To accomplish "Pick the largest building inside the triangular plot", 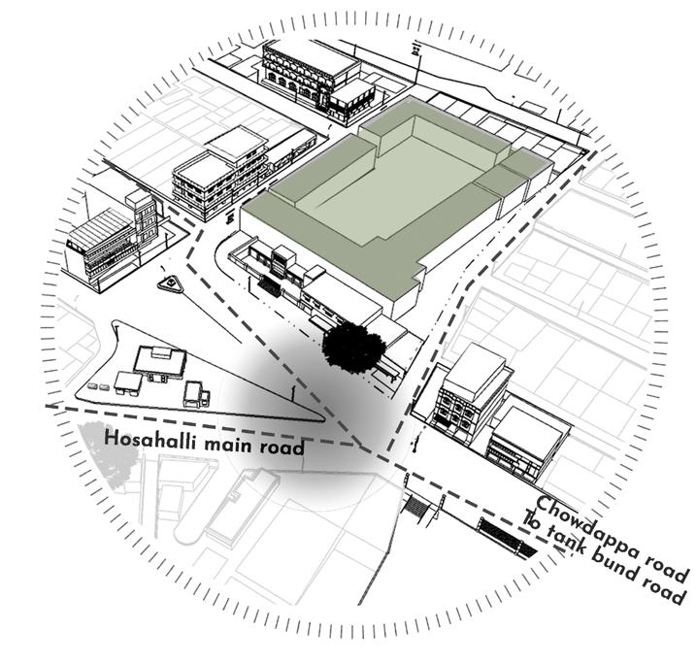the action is [x=160, y=361].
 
